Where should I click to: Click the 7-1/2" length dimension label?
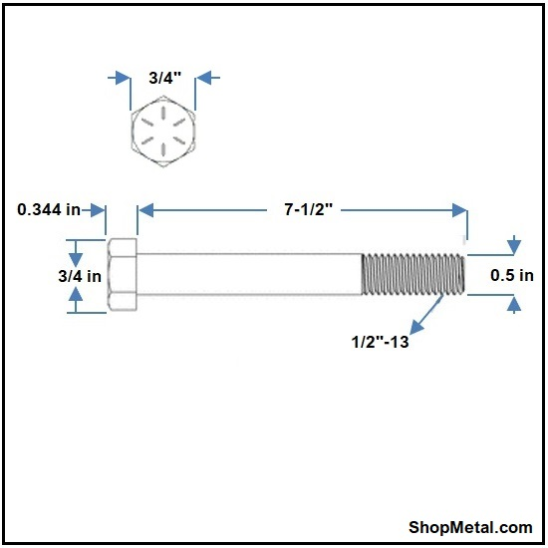pos(308,209)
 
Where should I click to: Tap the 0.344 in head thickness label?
pos(49,209)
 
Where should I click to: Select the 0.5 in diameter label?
pos(512,275)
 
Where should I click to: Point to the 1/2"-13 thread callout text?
pos(380,342)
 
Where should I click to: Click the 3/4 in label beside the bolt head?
pos(80,276)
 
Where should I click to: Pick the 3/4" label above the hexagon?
pos(165,78)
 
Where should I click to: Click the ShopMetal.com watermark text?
pos(470,527)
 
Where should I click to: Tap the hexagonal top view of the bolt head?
pos(163,132)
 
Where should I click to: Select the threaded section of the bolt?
pos(413,274)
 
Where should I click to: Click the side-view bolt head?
pos(123,274)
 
